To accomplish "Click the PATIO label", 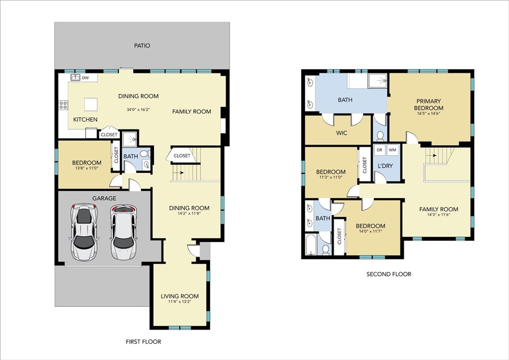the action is pos(142,46).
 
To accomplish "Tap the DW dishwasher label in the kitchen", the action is pos(85,78).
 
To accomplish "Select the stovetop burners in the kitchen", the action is pos(63,105).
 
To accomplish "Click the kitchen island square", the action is pos(91,104).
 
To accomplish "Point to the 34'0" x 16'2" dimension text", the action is pos(138,110).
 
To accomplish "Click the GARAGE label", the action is pos(104,198).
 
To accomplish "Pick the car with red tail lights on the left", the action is pos(84,232).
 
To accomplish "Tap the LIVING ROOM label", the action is pos(179,296).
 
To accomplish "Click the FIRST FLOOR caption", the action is pos(144,342).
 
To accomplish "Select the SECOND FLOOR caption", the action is pos(389,274).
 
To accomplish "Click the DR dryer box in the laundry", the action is pos(379,150).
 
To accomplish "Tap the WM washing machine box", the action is pos(393,150).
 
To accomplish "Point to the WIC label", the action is pos(341,133).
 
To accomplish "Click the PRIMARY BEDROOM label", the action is pos(428,104).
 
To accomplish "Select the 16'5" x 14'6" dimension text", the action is pos(428,113).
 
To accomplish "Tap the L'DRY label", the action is pos(385,166).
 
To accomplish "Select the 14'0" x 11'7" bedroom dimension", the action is pos(370,231).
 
